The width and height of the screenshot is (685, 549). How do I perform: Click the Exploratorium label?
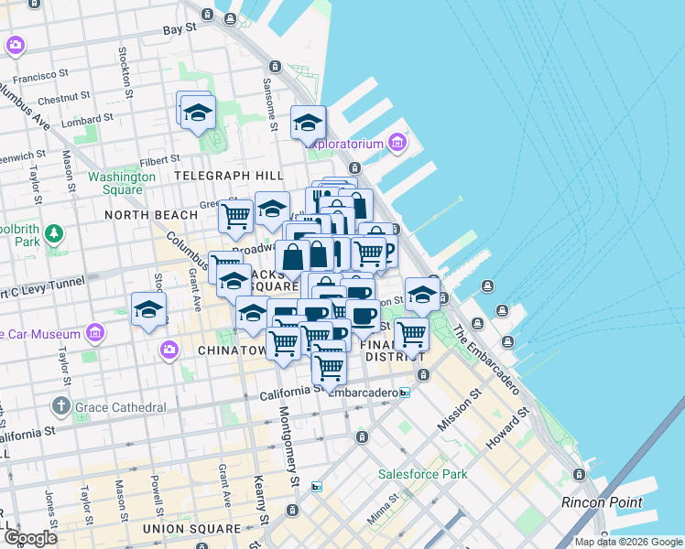[x=347, y=143]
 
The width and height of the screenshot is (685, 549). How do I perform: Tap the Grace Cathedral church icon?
[x=60, y=405]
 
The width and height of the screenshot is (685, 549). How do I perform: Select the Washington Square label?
[x=115, y=183]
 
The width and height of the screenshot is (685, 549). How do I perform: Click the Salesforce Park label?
[x=423, y=474]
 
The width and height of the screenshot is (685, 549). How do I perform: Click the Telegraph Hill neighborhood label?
[x=228, y=175]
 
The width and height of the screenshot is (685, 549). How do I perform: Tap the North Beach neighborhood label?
[x=151, y=215]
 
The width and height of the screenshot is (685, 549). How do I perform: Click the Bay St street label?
[x=179, y=29]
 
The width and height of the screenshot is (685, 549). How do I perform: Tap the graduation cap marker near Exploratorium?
[x=309, y=123]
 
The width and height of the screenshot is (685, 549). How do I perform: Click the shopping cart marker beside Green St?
[x=236, y=217]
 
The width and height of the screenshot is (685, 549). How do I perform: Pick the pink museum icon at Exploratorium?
[x=397, y=142]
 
